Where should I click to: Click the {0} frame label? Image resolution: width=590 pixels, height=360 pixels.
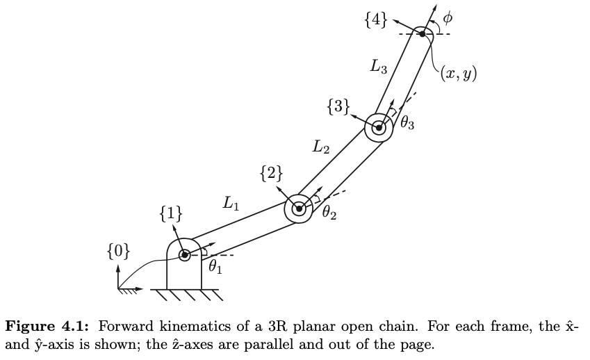tap(118, 250)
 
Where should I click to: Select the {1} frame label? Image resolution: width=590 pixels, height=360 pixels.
tap(172, 214)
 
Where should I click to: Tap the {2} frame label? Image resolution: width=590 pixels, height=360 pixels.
tap(271, 174)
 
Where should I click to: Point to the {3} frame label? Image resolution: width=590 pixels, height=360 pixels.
tap(338, 108)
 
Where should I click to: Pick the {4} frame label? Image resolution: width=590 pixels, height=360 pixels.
tap(376, 20)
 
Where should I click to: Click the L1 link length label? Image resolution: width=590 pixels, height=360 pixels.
tap(231, 204)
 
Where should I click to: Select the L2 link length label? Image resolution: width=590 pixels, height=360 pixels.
tap(320, 147)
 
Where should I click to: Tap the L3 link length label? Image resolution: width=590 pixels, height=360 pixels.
tap(379, 67)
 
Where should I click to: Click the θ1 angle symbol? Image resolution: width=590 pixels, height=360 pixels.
tap(215, 266)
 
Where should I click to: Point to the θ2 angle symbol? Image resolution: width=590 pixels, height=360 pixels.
tap(329, 213)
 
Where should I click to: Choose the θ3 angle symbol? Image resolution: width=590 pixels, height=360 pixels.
tap(407, 124)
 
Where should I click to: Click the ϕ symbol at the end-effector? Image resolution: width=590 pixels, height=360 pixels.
tap(448, 15)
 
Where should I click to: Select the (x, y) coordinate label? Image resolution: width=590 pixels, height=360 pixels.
tap(459, 73)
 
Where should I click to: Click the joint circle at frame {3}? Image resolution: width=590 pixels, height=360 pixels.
tap(379, 128)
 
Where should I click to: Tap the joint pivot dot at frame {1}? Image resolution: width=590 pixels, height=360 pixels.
tap(184, 255)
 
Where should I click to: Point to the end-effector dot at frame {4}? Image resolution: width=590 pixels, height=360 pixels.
tap(422, 33)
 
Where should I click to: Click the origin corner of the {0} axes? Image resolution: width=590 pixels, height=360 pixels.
tap(119, 288)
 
